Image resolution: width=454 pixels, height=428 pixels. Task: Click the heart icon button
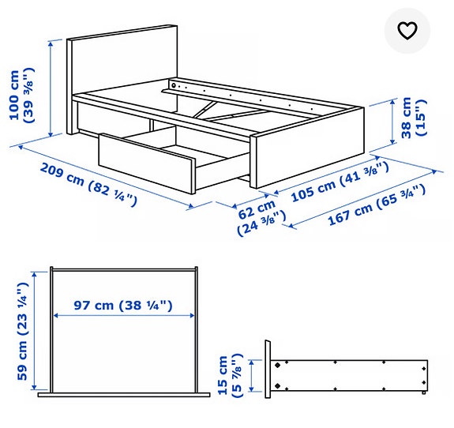(407, 31)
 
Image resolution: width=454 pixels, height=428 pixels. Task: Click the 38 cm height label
(414, 118)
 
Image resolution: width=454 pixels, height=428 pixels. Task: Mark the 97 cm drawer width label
(123, 305)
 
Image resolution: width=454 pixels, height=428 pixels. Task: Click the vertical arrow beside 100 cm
(51, 86)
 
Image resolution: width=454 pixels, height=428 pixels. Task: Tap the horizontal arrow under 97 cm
(123, 315)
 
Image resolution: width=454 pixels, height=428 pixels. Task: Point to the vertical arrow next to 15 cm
(253, 377)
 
